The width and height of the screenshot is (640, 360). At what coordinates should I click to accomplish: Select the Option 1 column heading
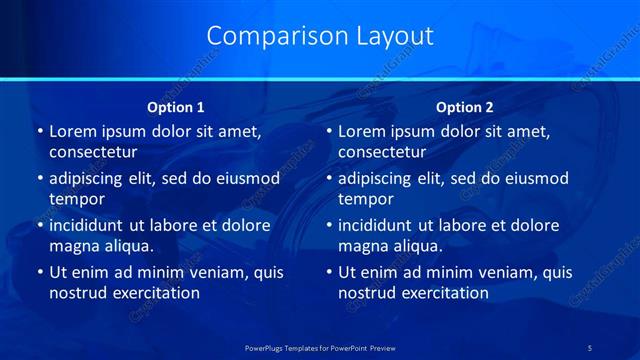pyautogui.click(x=176, y=107)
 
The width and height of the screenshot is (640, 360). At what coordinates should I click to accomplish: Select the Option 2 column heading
pyautogui.click(x=464, y=107)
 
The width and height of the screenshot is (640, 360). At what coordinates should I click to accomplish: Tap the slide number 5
pyautogui.click(x=589, y=347)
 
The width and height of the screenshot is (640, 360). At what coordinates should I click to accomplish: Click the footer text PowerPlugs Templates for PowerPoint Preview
pyautogui.click(x=321, y=347)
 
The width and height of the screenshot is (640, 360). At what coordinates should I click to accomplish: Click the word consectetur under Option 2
pyautogui.click(x=381, y=152)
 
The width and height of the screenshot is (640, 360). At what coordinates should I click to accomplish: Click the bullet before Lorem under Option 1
pyautogui.click(x=39, y=132)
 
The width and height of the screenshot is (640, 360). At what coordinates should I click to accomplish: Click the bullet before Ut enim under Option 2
pyautogui.click(x=328, y=272)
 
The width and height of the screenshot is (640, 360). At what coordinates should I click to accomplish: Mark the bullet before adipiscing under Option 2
pyautogui.click(x=328, y=179)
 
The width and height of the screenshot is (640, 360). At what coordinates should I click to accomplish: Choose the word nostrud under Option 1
pyautogui.click(x=75, y=293)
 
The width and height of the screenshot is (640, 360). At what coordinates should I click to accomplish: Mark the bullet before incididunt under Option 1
pyautogui.click(x=39, y=225)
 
